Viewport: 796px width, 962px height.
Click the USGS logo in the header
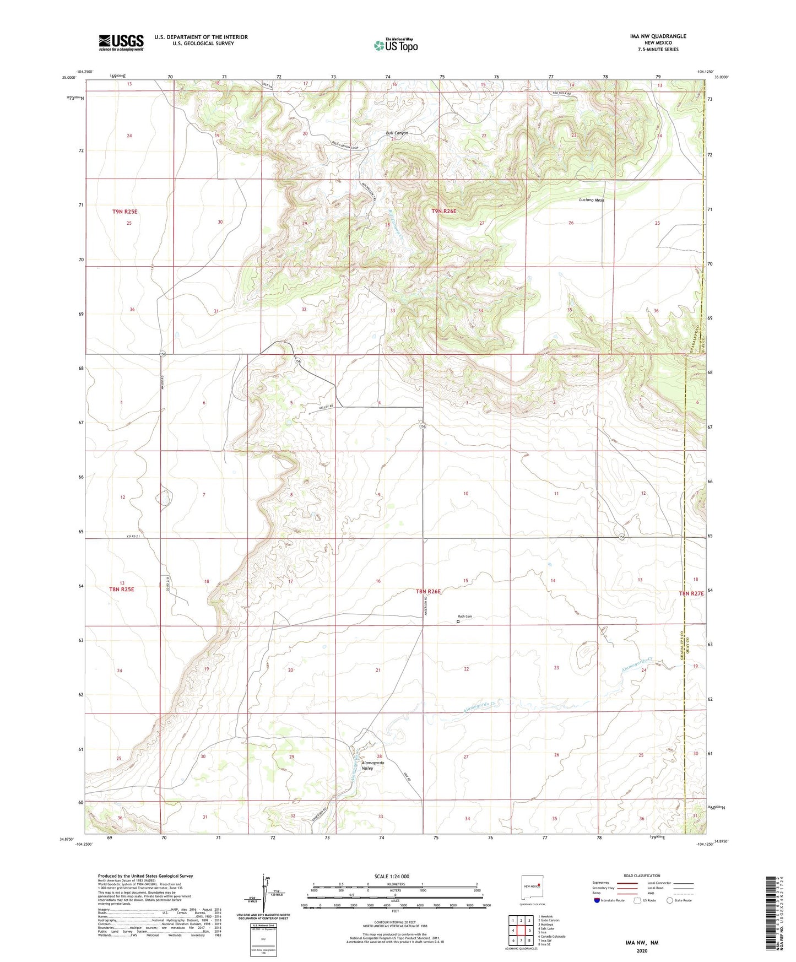tap(121, 42)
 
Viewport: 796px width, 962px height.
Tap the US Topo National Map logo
tap(395, 45)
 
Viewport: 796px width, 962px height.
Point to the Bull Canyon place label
tap(397, 133)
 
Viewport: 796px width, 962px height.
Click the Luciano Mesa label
tap(592, 200)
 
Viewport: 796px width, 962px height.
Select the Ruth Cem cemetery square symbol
tap(458, 621)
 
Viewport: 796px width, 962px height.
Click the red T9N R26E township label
tap(444, 212)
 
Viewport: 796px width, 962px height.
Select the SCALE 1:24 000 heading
tap(391, 877)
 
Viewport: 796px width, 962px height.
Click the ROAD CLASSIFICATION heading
tap(641, 875)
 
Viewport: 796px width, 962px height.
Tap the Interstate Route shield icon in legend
tap(597, 900)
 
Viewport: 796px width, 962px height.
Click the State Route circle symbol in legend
tap(669, 900)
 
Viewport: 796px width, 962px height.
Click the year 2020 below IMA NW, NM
tap(642, 950)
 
